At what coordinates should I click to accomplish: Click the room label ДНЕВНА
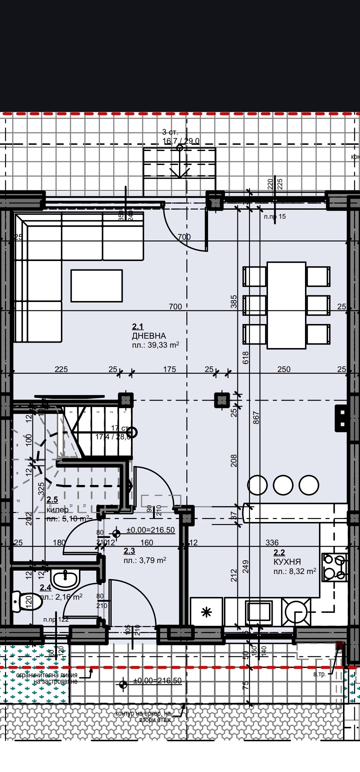coord(149,336)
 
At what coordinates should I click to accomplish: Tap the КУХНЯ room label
coord(287,562)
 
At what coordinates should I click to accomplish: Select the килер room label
coord(58,509)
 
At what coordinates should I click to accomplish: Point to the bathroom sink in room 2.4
coord(65,579)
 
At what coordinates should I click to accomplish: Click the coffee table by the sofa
coord(96,286)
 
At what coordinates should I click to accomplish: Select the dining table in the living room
coord(286,305)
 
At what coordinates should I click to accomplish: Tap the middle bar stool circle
coord(283,485)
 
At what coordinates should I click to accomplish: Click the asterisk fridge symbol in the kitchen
coord(207,612)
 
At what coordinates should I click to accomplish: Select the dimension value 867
coord(256,417)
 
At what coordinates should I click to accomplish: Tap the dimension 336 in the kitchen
coord(272,542)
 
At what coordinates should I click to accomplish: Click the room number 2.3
coord(129,551)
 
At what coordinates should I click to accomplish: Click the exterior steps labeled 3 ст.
coord(179,163)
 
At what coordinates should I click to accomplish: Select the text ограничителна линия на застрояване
coord(47,678)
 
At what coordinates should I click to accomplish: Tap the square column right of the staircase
coord(222,400)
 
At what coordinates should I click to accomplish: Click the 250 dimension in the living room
coord(284,369)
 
